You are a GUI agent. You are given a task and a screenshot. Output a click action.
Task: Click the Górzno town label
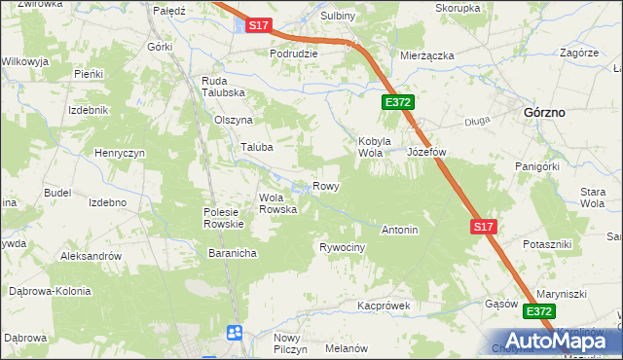point(545,112)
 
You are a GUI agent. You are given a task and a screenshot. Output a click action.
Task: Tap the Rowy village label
point(325,186)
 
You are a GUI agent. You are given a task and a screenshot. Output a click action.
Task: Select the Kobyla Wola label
point(374,146)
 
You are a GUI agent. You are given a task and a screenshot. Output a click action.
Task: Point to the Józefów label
point(425,153)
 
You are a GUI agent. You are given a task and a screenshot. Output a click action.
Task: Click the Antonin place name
point(399,231)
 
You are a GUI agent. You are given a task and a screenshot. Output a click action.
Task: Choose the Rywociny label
point(342,248)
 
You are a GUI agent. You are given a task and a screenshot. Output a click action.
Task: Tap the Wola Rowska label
point(277,203)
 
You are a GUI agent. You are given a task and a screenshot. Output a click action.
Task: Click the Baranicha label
point(232,253)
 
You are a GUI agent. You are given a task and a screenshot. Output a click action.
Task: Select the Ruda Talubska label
point(222,87)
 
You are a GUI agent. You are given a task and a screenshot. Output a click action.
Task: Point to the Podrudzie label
point(294,54)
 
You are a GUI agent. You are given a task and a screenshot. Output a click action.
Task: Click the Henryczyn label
point(120,154)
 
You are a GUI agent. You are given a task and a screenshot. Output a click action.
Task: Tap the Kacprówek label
point(384,306)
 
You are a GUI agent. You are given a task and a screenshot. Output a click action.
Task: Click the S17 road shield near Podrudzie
point(257,27)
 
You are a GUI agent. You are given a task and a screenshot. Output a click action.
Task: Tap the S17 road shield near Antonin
point(484,227)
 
